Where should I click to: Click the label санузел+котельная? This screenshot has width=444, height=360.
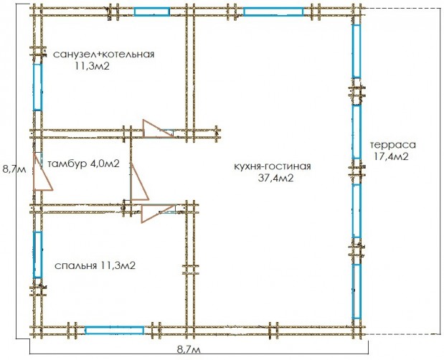click(x=104, y=54)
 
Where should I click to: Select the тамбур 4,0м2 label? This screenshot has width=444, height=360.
click(x=83, y=164)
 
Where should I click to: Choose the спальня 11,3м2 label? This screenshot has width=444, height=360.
click(x=95, y=265)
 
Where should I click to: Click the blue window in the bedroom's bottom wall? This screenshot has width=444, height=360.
click(x=115, y=330)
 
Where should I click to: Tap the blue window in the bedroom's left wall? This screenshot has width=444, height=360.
click(x=37, y=254)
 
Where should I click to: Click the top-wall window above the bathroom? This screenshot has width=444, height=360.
click(x=152, y=11)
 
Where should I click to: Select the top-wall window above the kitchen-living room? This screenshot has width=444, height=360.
click(x=273, y=11)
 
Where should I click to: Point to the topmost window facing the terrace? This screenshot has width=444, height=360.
click(x=356, y=52)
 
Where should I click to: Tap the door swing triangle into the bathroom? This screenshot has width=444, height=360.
click(x=153, y=128)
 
